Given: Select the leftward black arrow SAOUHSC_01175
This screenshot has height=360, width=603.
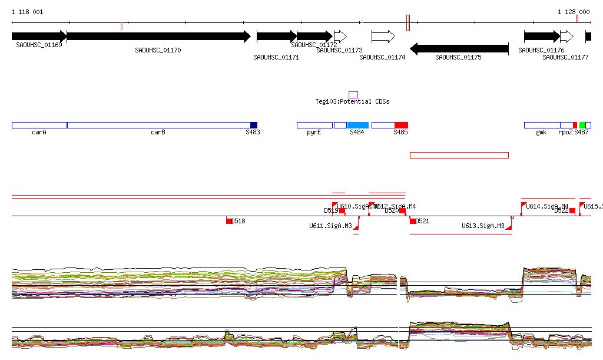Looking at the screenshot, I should (459, 48).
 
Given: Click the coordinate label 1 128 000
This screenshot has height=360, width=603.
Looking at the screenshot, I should (574, 12).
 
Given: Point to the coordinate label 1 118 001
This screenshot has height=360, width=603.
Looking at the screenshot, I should (27, 12).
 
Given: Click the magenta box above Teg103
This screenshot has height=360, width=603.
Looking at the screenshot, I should (353, 95).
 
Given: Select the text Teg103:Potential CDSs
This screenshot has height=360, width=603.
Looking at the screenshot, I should (352, 102).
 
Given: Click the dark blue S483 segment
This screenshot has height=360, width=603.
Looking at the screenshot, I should (254, 125).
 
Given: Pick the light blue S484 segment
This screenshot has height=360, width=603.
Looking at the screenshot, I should (357, 125).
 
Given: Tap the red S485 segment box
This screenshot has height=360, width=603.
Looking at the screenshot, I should (401, 125).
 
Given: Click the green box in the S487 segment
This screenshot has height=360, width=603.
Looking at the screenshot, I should (582, 125).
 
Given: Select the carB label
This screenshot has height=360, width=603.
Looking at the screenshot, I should (158, 133).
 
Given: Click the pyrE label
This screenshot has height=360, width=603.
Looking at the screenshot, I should (314, 133).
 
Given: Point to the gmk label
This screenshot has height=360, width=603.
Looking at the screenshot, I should (541, 133).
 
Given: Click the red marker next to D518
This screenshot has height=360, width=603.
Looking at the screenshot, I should (230, 221).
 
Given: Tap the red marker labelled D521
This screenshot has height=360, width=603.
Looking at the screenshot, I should (413, 221).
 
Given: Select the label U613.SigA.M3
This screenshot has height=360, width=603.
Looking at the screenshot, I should (483, 226).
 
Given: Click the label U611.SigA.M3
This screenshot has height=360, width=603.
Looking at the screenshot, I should (330, 226).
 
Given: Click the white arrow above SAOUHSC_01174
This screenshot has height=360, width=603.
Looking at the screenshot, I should (383, 37).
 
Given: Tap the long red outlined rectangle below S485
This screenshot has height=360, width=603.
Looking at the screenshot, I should (459, 155).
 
